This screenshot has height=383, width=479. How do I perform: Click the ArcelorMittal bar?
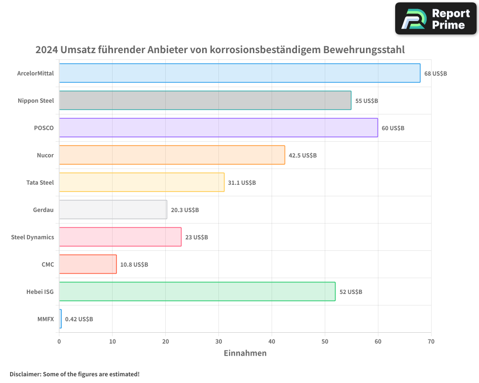[x=239, y=73]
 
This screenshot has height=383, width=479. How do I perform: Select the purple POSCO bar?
[x=218, y=128]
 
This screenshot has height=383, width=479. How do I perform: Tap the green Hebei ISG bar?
[x=197, y=292]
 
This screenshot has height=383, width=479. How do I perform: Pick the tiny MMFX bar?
[x=60, y=319]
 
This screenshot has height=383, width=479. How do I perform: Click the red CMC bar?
[x=88, y=264]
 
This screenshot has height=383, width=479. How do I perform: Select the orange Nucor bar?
[x=172, y=155]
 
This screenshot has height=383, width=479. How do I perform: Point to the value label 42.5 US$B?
[x=303, y=156]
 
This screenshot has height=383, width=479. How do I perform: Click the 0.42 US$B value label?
[x=79, y=319]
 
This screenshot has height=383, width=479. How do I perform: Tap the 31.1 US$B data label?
[x=242, y=183]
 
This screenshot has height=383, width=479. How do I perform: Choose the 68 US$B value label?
[x=435, y=74]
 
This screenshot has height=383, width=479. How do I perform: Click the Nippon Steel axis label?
[x=35, y=101]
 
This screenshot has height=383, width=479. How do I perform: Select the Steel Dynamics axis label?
[x=33, y=237]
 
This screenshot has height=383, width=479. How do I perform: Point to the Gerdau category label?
[x=43, y=210]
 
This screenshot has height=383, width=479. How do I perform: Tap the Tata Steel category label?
[x=40, y=182]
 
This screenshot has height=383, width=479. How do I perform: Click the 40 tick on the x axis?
[x=272, y=341]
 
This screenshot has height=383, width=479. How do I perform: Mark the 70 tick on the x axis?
[x=431, y=341]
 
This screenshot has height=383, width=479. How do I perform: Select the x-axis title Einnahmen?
[x=245, y=353]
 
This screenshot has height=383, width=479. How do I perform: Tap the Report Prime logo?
[x=435, y=19]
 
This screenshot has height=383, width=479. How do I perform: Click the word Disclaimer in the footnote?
[x=25, y=374]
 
